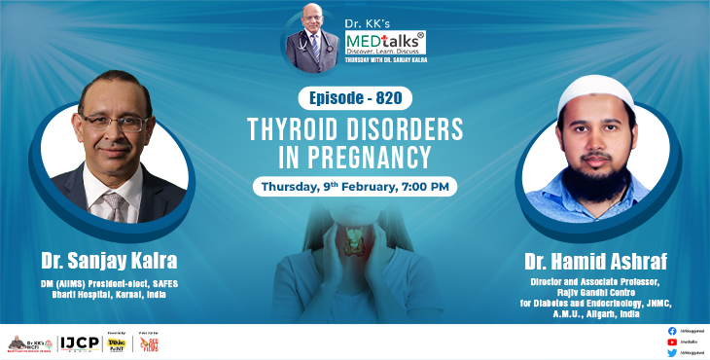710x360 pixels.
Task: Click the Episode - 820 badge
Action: click(x=356, y=98)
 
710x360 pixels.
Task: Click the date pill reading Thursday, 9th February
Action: click(x=355, y=185)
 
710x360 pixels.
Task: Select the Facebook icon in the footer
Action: click(x=672, y=331)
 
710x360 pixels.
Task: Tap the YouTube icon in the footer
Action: click(x=672, y=342)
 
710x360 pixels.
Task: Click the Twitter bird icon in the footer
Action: click(x=672, y=353)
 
